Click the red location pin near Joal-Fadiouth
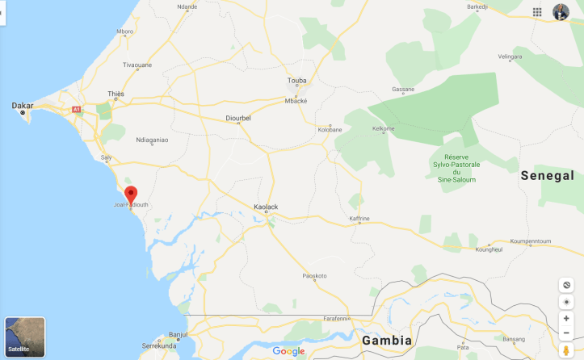[130, 194]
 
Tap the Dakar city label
[22, 105]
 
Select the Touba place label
[297, 81]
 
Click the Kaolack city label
[266, 207]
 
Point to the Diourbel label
[239, 119]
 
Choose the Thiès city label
[116, 94]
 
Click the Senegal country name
[547, 175]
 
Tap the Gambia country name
[387, 340]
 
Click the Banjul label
[178, 333]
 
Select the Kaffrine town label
[359, 219]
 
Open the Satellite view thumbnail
[25, 337]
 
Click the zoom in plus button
[566, 318]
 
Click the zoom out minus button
[566, 333]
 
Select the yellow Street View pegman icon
[566, 350]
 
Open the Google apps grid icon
[537, 12]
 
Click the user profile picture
[561, 12]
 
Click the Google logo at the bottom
[288, 351]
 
